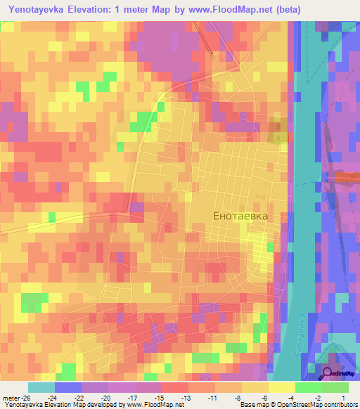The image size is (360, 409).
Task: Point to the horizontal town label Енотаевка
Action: (240, 216)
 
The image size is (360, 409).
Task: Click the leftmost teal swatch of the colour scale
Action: (41, 387)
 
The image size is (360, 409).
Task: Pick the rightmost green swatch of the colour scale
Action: (335, 387)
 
